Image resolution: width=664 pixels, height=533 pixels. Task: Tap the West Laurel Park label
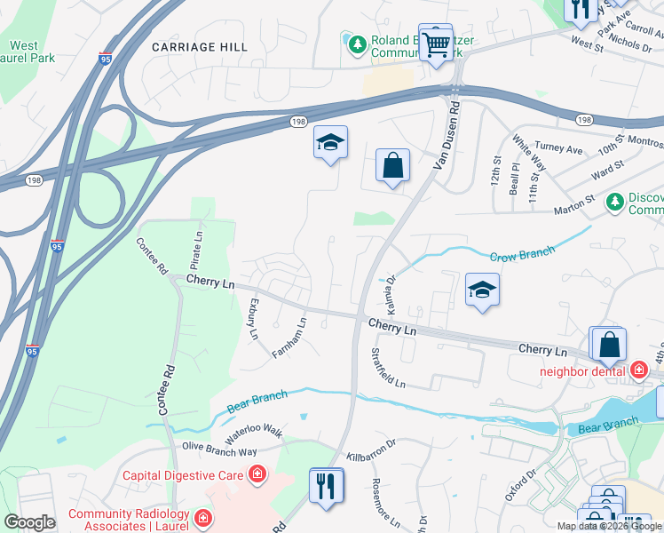click(30, 52)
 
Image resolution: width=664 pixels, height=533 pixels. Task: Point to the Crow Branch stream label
click(523, 254)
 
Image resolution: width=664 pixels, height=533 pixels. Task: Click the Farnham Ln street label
click(289, 338)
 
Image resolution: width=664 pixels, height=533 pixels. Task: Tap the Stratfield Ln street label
click(387, 368)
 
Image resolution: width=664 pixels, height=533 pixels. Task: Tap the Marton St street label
click(573, 205)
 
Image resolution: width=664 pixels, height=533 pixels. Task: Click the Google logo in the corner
click(29, 521)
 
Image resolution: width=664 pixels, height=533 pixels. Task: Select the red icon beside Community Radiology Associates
click(202, 516)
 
